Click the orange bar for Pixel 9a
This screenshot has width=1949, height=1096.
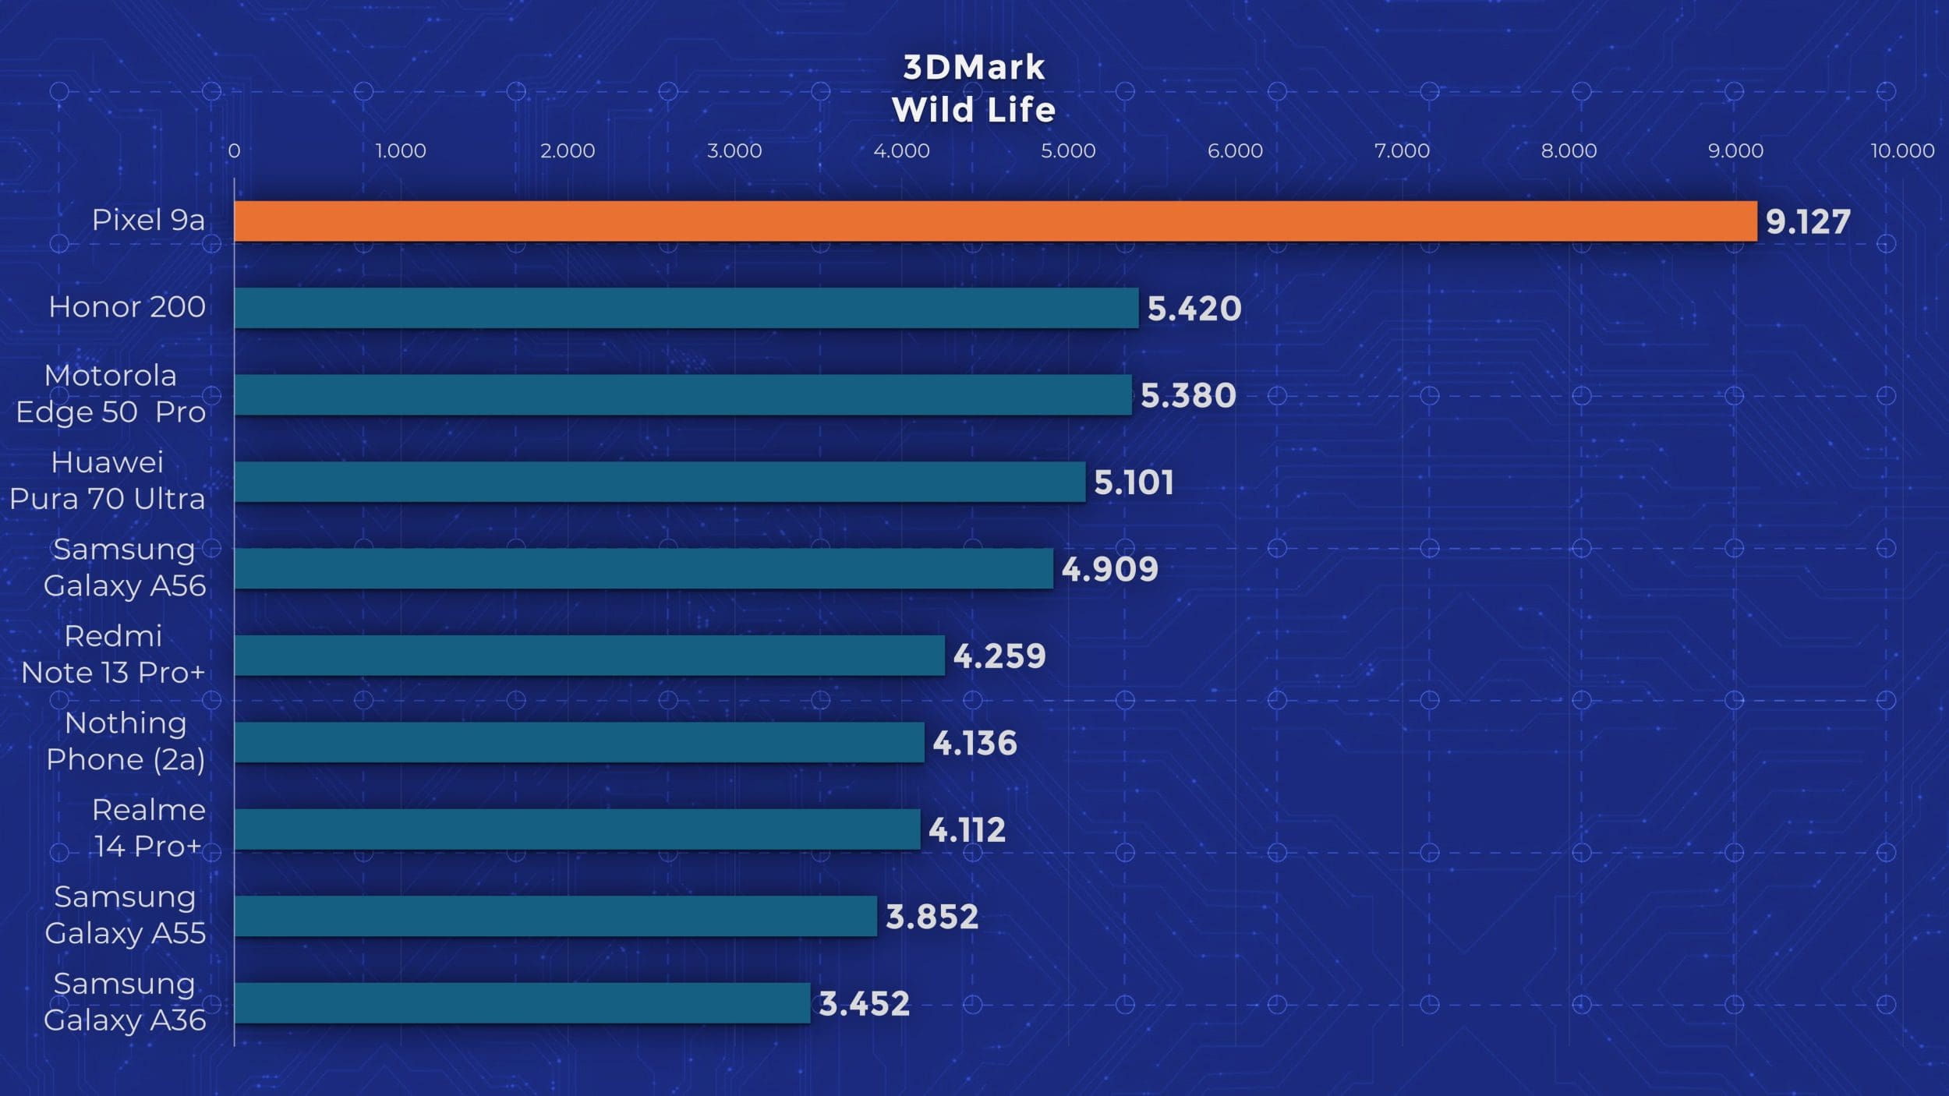pyautogui.click(x=995, y=221)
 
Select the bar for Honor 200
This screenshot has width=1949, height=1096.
pyautogui.click(x=686, y=308)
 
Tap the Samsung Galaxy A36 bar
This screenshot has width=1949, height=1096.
pyautogui.click(x=522, y=1003)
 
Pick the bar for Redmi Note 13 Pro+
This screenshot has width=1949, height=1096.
pyautogui.click(x=589, y=656)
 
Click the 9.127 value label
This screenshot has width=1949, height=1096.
pyautogui.click(x=1807, y=222)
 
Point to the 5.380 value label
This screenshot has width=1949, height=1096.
pyautogui.click(x=1188, y=396)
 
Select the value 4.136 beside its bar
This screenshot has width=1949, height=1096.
pyautogui.click(x=974, y=744)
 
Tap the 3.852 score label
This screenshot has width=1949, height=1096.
pyautogui.click(x=932, y=917)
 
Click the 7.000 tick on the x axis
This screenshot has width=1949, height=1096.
pyautogui.click(x=1402, y=151)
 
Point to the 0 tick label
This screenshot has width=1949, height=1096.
pyautogui.click(x=234, y=151)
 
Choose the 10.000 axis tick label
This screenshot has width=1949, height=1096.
pyautogui.click(x=1902, y=151)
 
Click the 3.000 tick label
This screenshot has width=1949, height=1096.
pyautogui.click(x=734, y=151)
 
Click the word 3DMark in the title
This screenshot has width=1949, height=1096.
pyautogui.click(x=974, y=68)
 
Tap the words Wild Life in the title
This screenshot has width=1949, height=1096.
pyautogui.click(x=974, y=110)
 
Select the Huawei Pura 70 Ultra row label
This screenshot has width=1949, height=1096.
pyautogui.click(x=108, y=481)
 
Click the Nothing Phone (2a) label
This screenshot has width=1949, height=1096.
pyautogui.click(x=126, y=741)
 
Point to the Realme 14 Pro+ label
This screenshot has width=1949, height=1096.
pyautogui.click(x=148, y=828)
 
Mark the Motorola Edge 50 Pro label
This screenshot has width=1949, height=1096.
pyautogui.click(x=111, y=394)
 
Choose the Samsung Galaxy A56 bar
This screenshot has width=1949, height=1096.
pyautogui.click(x=643, y=569)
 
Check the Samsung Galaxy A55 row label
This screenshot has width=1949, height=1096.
pyautogui.click(x=125, y=915)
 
